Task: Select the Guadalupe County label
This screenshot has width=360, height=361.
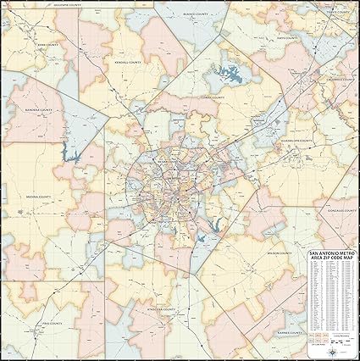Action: pos(297,139)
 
